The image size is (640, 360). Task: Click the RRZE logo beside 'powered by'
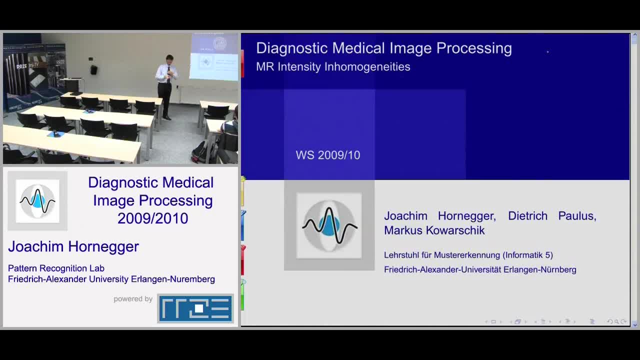coord(195,308)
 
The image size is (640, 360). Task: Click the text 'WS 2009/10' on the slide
coord(328,155)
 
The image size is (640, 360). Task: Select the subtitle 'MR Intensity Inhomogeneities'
coord(333,67)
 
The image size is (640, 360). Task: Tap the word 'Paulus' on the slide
coord(577,216)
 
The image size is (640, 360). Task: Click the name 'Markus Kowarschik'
coord(434,230)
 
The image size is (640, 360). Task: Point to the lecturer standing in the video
coord(167,86)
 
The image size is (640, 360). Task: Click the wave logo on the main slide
coord(329,225)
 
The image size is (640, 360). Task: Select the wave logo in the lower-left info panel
coord(37,201)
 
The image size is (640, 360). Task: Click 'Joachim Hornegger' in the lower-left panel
coord(73,246)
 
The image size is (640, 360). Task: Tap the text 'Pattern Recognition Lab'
coord(56,268)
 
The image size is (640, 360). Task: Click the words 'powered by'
coord(133,299)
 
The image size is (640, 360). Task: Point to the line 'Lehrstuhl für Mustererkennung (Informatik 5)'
coord(468,255)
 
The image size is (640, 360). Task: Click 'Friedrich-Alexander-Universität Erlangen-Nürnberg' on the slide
coord(480,269)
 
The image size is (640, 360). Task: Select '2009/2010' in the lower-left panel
coord(153,218)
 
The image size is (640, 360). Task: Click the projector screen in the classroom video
coord(213,56)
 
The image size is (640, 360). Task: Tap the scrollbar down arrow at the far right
coord(634,325)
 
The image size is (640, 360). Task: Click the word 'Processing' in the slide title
coord(474,48)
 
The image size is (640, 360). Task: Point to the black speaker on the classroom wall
coord(93,69)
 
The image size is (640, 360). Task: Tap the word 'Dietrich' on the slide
coord(527,216)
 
